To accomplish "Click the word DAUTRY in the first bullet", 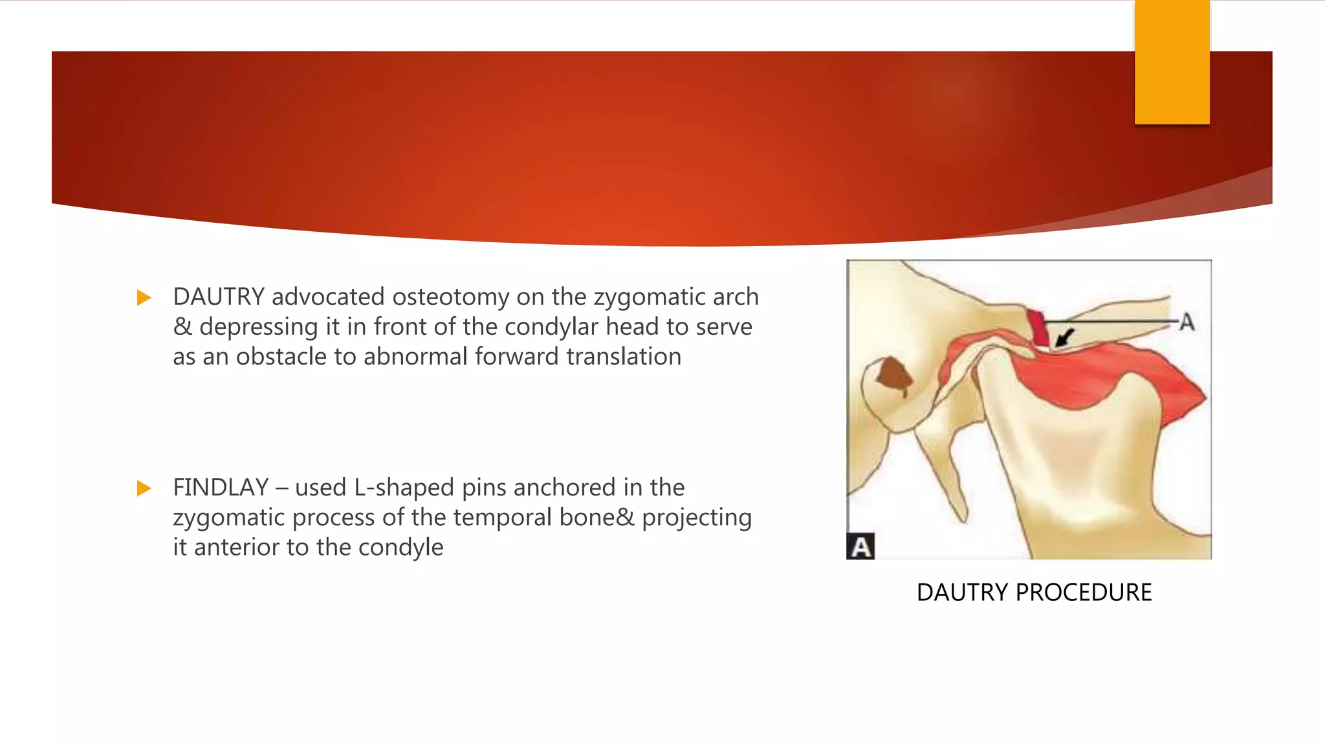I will tap(219, 297).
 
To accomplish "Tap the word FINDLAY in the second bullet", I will tap(221, 488).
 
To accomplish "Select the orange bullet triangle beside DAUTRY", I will tap(144, 298).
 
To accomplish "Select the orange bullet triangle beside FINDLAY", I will tap(144, 488).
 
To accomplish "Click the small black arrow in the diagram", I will tap(1064, 337).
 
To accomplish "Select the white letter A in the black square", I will tap(860, 547).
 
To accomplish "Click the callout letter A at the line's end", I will tap(1187, 322).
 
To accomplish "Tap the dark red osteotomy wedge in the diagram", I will tap(1038, 328).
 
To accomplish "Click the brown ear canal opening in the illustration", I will tap(893, 376).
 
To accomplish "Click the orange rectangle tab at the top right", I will tap(1172, 62).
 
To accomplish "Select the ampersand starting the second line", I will tap(182, 327).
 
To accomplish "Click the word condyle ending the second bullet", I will tap(400, 548).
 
